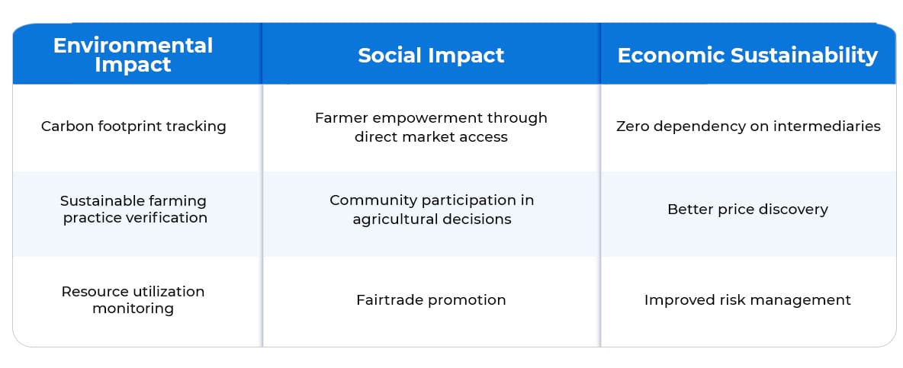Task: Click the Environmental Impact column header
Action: (x=133, y=55)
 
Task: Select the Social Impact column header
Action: (x=431, y=55)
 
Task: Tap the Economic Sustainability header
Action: (x=747, y=55)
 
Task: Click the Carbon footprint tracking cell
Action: (x=133, y=126)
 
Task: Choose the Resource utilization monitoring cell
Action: (x=133, y=299)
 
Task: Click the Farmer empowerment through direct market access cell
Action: (x=431, y=127)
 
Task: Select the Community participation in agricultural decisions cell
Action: (x=432, y=210)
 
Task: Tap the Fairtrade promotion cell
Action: (x=431, y=300)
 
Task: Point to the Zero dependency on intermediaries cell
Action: (x=748, y=126)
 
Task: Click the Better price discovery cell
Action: (x=747, y=210)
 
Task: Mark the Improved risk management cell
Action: (x=747, y=300)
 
